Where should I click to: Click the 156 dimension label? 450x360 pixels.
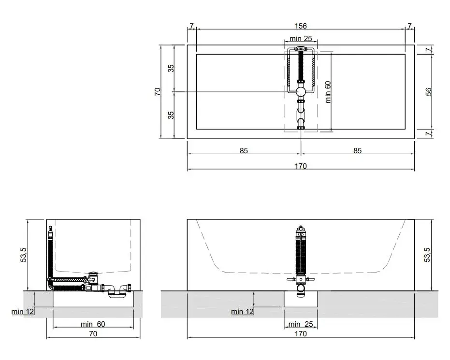tap(301, 26)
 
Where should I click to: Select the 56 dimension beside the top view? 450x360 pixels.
tap(428, 92)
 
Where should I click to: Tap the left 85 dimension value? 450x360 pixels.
tap(244, 150)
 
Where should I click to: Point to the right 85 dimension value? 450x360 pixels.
tap(357, 150)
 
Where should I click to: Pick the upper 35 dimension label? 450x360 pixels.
tap(171, 68)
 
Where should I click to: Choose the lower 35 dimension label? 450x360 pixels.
tap(171, 115)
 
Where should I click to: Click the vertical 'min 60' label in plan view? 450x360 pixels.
tap(328, 92)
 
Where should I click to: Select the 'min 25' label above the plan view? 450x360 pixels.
tap(301, 39)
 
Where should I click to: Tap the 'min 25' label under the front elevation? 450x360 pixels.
tap(301, 324)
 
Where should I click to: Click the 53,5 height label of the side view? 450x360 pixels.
tap(23, 255)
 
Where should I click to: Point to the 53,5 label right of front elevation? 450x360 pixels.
tap(427, 255)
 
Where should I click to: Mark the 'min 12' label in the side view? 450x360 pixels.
tap(23, 312)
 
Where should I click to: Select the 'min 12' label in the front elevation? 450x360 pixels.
tap(243, 312)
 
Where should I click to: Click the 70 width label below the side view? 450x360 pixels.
tap(93, 333)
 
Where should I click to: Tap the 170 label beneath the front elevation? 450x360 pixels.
tap(301, 333)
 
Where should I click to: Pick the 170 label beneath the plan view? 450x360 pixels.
tap(301, 166)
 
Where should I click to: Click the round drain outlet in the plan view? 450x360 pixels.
tap(301, 92)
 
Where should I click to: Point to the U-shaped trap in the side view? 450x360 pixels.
tap(117, 292)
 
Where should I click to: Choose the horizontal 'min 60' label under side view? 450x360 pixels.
tap(93, 324)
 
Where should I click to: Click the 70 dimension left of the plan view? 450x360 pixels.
tap(157, 92)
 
